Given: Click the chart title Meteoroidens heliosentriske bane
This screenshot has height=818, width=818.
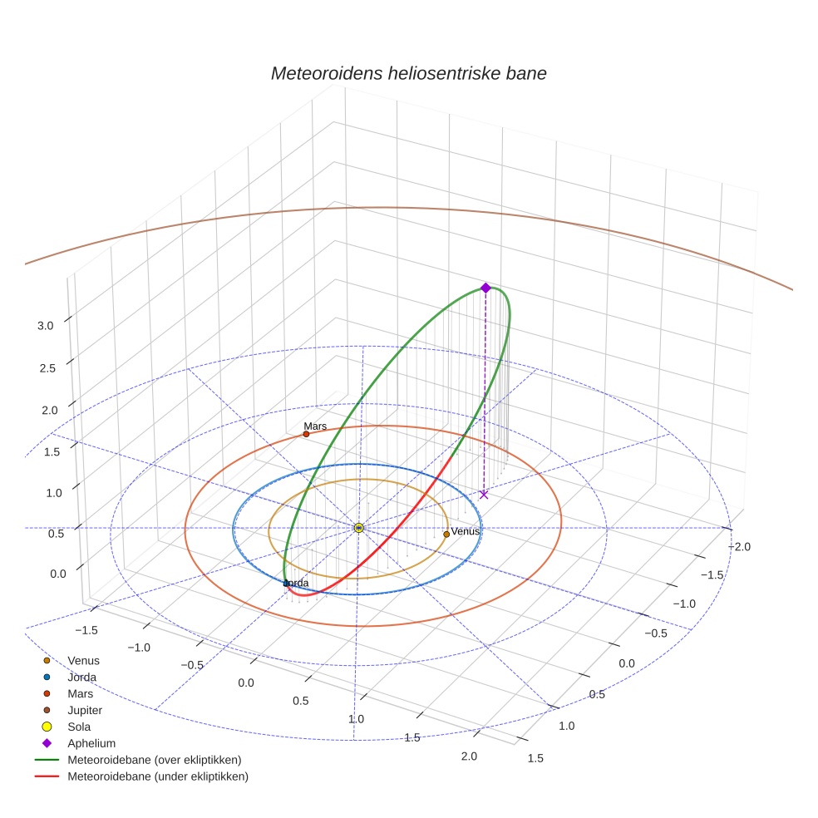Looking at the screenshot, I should [x=408, y=73].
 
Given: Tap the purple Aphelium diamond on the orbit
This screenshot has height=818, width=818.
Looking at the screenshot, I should [x=485, y=288].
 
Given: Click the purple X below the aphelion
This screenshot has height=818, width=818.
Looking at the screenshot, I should [x=484, y=495].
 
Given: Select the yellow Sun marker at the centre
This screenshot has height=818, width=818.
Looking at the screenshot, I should [x=358, y=528].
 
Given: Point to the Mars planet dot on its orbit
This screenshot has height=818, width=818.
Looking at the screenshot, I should [x=306, y=434].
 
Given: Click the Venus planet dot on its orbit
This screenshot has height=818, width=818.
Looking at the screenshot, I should [x=446, y=534].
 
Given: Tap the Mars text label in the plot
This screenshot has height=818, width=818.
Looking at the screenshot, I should [x=315, y=426].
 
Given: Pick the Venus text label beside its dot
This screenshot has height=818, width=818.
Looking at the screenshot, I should [x=466, y=531].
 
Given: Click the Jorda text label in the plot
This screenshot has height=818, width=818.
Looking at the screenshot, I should [x=296, y=584].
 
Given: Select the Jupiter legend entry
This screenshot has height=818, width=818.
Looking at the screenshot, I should [x=85, y=710].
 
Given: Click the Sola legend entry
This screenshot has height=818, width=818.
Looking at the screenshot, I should [x=79, y=727].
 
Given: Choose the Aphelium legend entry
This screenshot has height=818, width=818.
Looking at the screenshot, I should [x=91, y=743].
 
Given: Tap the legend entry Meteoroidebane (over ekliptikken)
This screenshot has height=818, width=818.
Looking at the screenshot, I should [x=154, y=760].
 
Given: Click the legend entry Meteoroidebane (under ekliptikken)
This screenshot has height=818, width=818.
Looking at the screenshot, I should [x=157, y=776].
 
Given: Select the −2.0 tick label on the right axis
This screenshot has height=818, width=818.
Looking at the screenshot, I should [x=739, y=546].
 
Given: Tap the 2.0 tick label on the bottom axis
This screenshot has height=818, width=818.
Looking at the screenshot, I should [x=469, y=756].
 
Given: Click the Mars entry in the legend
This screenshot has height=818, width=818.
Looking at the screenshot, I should [x=79, y=693].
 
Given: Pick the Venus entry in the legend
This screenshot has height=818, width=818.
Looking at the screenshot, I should [x=83, y=660].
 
